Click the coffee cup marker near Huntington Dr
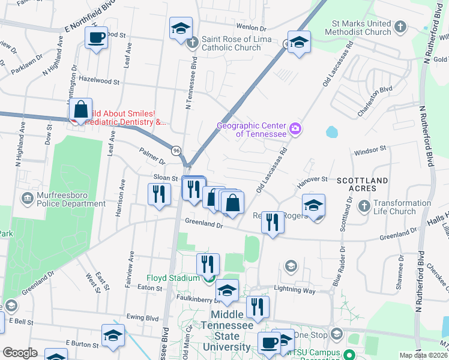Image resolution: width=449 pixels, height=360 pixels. (x=96, y=39)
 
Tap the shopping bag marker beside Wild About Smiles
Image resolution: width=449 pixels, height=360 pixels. (x=80, y=111)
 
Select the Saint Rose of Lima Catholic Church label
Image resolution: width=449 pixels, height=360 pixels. (x=231, y=43)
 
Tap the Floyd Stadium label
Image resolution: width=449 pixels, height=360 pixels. (x=173, y=278)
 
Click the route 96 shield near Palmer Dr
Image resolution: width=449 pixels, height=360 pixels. (x=176, y=149)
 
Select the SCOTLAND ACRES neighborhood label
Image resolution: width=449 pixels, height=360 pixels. (x=362, y=181)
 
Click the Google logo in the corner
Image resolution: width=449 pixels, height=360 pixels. (x=20, y=353)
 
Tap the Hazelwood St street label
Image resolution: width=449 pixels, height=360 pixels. (x=100, y=80)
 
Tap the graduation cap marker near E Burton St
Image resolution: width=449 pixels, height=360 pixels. (x=113, y=337)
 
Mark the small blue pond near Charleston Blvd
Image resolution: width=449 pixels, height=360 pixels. (x=331, y=131)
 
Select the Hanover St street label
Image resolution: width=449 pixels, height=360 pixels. (x=312, y=179)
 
